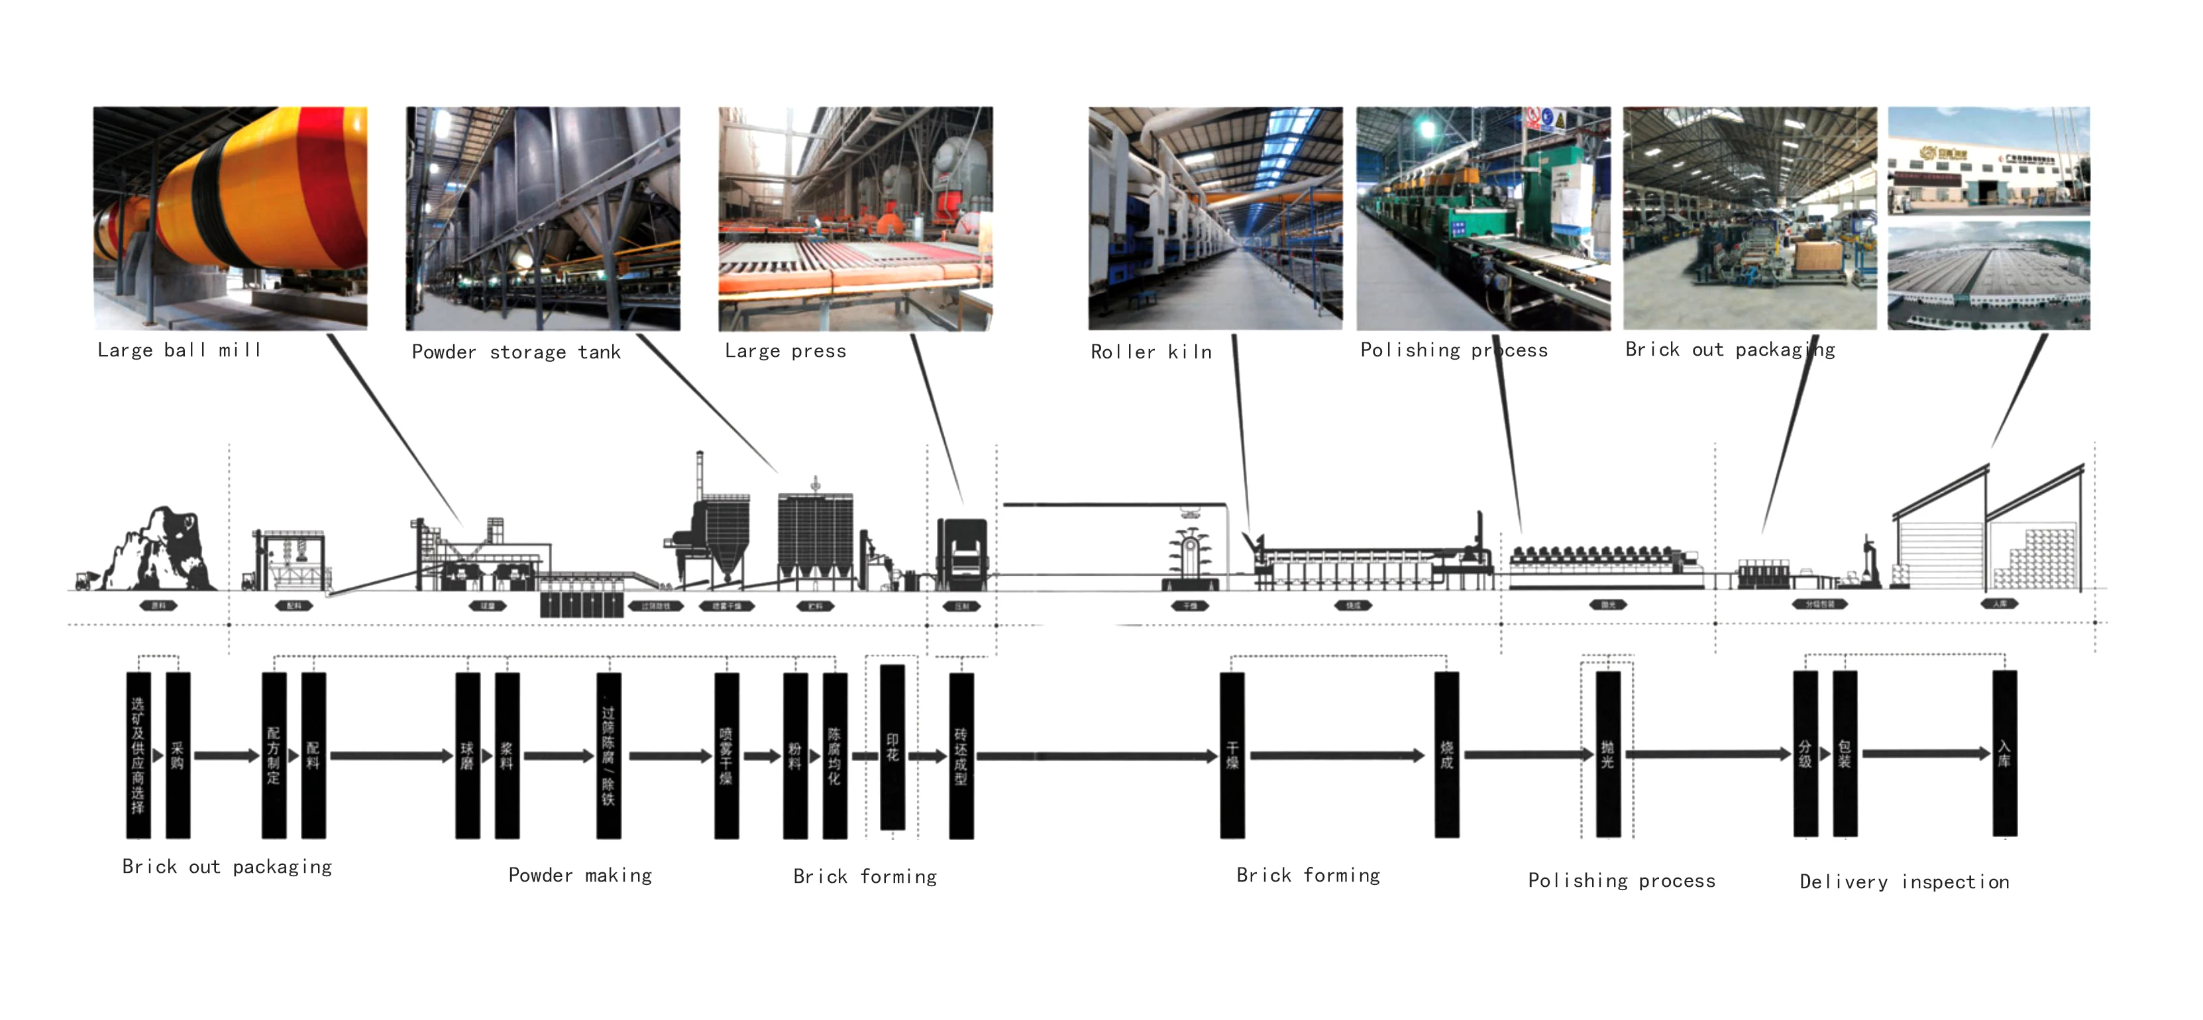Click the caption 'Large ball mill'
click(179, 350)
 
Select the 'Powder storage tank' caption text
click(515, 352)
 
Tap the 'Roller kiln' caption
click(1151, 352)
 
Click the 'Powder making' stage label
click(580, 876)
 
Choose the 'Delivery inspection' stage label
click(1904, 882)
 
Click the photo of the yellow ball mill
click(230, 218)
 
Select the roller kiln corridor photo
click(1214, 218)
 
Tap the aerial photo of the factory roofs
click(1988, 276)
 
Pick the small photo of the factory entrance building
click(1988, 161)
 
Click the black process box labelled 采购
click(178, 755)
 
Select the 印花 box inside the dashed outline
click(892, 747)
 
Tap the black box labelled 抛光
click(1608, 754)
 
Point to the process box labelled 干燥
click(1232, 755)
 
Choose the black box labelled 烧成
click(1446, 754)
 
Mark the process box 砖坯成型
click(961, 756)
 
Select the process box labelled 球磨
click(467, 755)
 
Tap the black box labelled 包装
click(1845, 753)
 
